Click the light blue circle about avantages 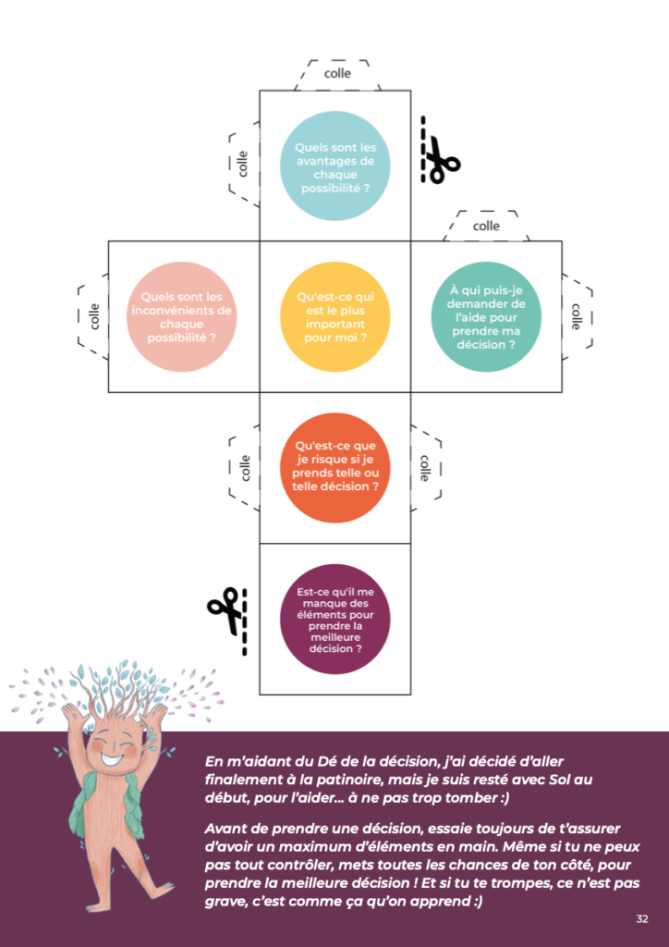(335, 166)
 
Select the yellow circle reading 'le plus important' (335, 316)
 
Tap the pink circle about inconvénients (181, 316)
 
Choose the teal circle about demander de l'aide (486, 316)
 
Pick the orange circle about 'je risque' (335, 467)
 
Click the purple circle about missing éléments (335, 619)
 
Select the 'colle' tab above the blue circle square (336, 73)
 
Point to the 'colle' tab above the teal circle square (486, 226)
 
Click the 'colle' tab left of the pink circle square (93, 316)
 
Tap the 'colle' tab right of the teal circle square (576, 316)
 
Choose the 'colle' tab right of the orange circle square (425, 467)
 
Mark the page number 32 (642, 918)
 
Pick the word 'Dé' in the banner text (330, 760)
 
